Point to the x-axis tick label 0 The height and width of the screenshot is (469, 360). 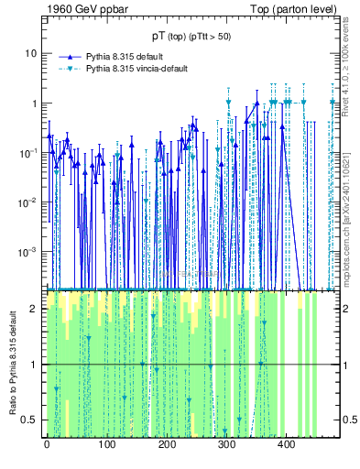pyautogui.click(x=47, y=444)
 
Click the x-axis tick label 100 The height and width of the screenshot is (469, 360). pyautogui.click(x=106, y=444)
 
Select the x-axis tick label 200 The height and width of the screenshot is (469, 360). pyautogui.click(x=166, y=444)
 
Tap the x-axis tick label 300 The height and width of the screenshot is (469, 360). pyautogui.click(x=225, y=444)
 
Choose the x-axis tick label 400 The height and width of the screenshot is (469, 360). pyautogui.click(x=285, y=444)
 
